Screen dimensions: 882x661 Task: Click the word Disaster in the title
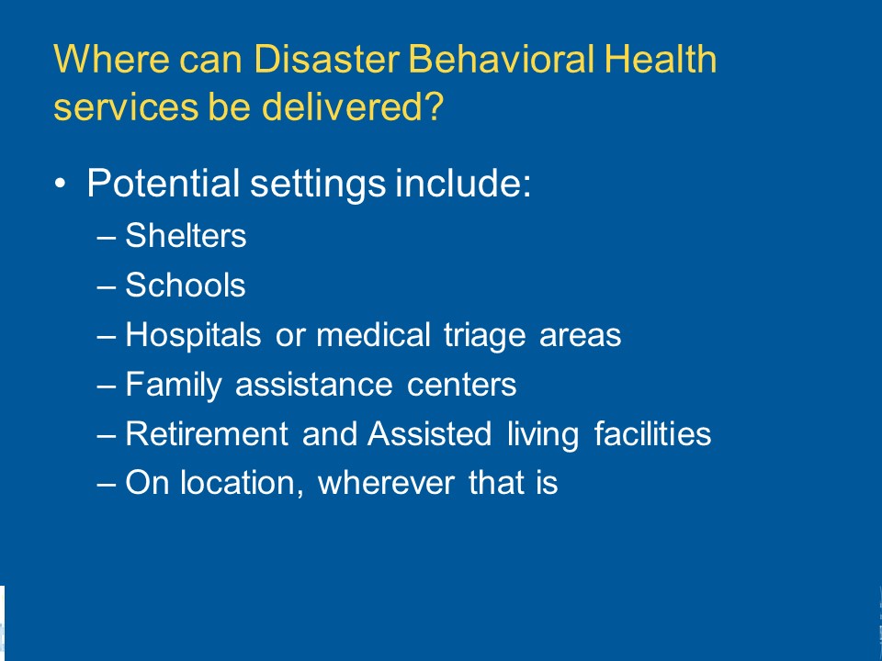click(327, 59)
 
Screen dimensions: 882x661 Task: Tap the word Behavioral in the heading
click(502, 59)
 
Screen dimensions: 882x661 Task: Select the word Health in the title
click(661, 59)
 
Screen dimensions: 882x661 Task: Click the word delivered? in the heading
click(353, 106)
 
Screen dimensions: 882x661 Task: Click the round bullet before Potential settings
click(61, 184)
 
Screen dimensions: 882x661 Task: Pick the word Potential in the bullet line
click(164, 184)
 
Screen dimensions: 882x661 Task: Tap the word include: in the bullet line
click(463, 184)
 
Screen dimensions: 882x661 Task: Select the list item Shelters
click(186, 235)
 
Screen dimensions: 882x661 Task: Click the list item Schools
click(185, 285)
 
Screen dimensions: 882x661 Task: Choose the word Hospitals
click(193, 336)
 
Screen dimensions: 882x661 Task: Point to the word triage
click(485, 336)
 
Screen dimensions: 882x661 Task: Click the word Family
click(174, 385)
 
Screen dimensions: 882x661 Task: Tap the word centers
click(461, 385)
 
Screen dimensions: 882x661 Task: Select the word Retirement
click(207, 434)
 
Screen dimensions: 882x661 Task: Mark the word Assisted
click(430, 434)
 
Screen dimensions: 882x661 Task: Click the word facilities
click(653, 434)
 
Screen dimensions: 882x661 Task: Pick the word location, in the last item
click(242, 484)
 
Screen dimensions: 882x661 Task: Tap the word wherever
click(386, 484)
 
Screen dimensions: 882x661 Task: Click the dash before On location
click(107, 485)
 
